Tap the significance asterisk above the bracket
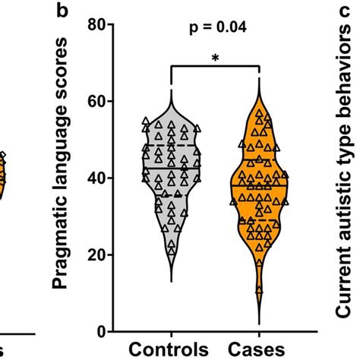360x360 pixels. (x=216, y=57)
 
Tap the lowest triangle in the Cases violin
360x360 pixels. (x=261, y=289)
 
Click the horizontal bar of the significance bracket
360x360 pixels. (x=216, y=67)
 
